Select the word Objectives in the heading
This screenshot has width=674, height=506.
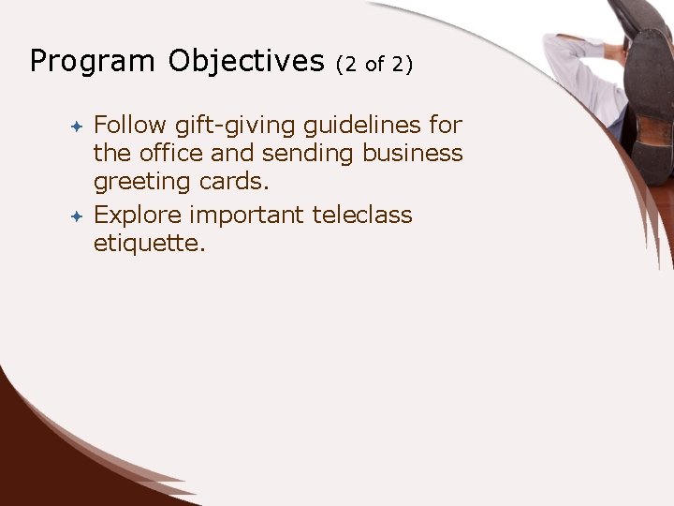coord(246,62)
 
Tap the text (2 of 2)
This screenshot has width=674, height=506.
coord(374,64)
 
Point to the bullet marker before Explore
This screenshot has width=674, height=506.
coord(78,216)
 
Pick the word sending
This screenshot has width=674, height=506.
coord(309,153)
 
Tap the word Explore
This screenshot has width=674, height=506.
coord(138,216)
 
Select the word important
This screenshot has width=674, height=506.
coord(246,216)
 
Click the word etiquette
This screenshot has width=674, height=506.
coord(149,245)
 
